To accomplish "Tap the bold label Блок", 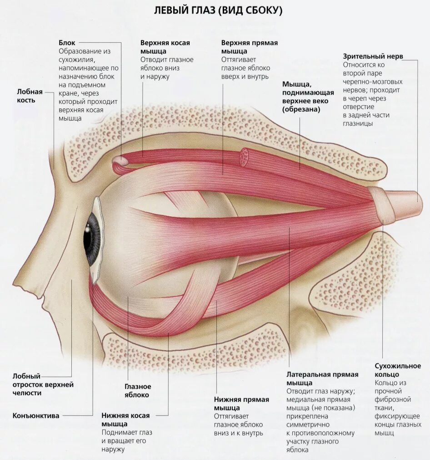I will [67, 43].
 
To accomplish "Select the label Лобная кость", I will [33, 95].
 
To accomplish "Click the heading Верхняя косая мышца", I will [165, 47].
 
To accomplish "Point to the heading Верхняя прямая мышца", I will [249, 47].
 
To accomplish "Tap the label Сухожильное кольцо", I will [398, 370].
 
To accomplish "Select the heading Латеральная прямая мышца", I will [322, 378].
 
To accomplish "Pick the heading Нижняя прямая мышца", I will [241, 404].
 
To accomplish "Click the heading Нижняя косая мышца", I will [125, 419].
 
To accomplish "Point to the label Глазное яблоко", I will [137, 390].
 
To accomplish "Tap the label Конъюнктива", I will [36, 415].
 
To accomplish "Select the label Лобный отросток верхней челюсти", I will [43, 384].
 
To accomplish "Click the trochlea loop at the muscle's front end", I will [119, 160].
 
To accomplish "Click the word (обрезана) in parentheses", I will [301, 109].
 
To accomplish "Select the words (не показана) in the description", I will [334, 408].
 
